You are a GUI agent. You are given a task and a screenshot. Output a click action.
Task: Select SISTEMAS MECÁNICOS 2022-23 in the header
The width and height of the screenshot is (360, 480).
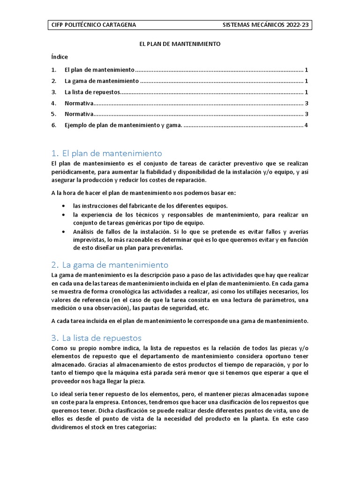(265, 25)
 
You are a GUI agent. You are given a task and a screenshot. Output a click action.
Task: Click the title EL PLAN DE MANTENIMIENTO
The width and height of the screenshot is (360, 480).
(180, 44)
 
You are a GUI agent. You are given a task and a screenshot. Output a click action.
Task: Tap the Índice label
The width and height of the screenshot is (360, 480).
(59, 57)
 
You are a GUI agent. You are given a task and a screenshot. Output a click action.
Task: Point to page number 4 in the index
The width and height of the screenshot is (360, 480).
(306, 125)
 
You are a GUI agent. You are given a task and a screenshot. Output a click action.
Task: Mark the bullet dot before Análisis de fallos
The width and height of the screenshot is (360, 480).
(63, 232)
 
